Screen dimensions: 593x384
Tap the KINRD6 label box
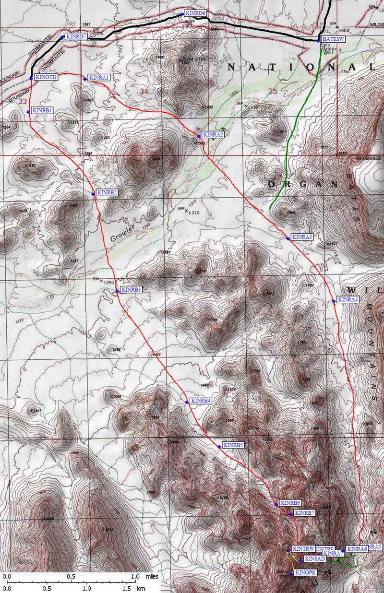point(195,13)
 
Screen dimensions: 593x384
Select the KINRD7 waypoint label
point(76,36)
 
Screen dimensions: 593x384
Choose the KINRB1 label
point(42,110)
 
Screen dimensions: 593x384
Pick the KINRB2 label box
point(107,193)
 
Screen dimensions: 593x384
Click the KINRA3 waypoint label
point(302,237)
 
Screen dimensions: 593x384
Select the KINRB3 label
point(131,290)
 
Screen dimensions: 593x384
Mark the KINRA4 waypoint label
point(348,300)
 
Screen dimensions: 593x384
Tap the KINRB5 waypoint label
point(233,445)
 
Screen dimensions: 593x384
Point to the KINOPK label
point(305,573)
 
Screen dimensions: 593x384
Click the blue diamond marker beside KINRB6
point(276,504)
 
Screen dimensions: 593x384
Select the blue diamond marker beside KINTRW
point(288,550)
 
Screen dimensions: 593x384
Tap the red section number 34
point(144,91)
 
